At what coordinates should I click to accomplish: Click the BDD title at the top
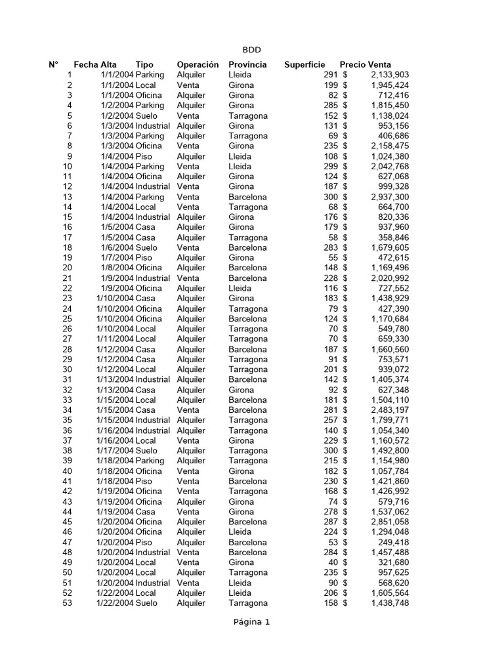pos(252,50)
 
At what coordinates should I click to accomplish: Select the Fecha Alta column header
pos(95,64)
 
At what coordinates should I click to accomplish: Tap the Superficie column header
pos(304,64)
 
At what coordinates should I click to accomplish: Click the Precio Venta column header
pos(366,64)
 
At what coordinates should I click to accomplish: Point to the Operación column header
pos(198,64)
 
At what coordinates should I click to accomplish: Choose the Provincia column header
pos(247,64)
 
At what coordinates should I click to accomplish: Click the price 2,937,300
pos(390,197)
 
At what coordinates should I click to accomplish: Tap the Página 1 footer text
pos(251,622)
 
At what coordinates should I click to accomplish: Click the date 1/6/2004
pos(117,247)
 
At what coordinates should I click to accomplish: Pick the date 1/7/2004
pos(117,258)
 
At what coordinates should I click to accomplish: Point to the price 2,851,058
pos(390,522)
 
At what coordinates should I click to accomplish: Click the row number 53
pos(67,603)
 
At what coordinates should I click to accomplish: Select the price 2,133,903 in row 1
pos(390,75)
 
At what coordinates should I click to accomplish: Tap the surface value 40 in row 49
pos(333,563)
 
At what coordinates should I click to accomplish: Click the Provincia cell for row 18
pos(247,247)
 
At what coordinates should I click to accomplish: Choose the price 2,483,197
pos(390,410)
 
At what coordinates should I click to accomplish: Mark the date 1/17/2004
pos(115,451)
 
